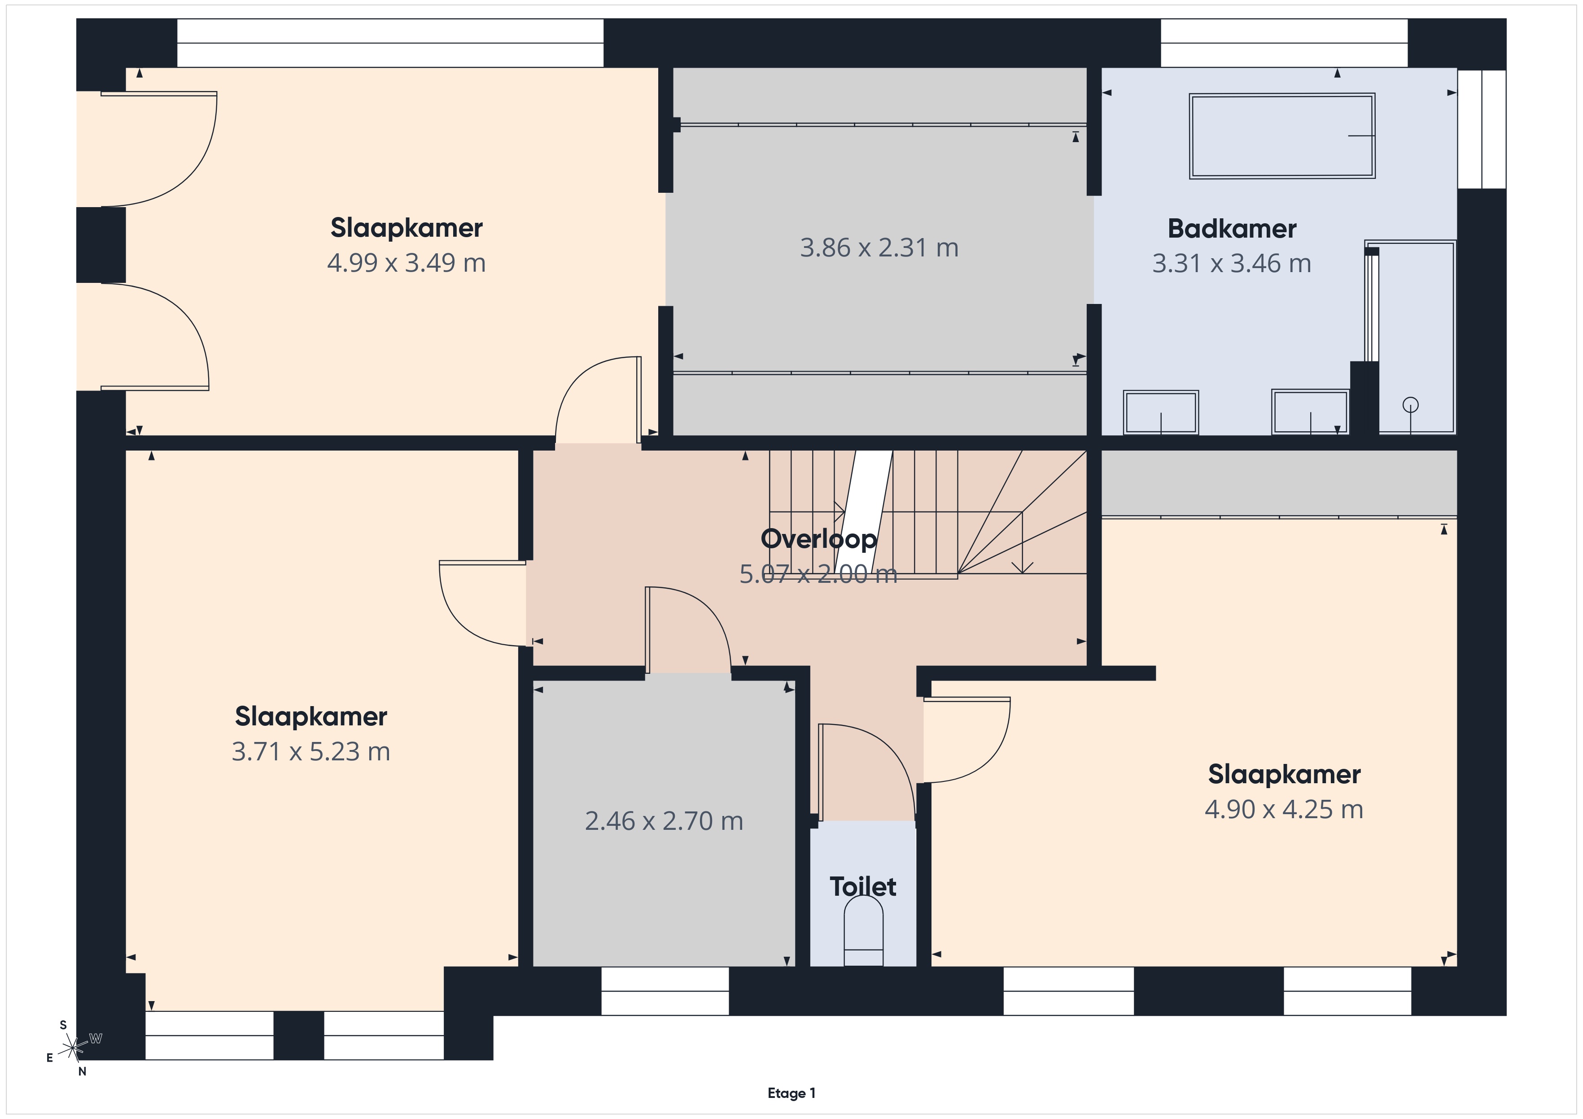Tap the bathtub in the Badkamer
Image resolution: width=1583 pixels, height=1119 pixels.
pos(1282,136)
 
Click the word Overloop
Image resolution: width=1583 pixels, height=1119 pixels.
pos(818,539)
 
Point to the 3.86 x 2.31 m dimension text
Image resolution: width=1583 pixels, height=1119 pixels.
pos(879,247)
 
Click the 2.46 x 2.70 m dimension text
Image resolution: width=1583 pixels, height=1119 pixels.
pos(664,821)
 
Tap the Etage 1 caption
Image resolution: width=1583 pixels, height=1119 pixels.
pos(791,1093)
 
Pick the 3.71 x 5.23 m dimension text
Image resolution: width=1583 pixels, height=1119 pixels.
pos(311,751)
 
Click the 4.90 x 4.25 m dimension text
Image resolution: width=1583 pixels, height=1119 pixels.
pos(1284,809)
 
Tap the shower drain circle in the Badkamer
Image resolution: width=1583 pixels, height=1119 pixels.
pos(1411,404)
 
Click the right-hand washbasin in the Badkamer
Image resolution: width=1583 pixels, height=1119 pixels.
pos(1310,412)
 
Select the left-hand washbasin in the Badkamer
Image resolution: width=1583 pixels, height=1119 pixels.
pos(1161,412)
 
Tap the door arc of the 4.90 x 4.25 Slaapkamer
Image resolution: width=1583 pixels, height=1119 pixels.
pos(987,760)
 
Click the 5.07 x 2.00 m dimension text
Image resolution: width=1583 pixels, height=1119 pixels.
pos(818,574)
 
